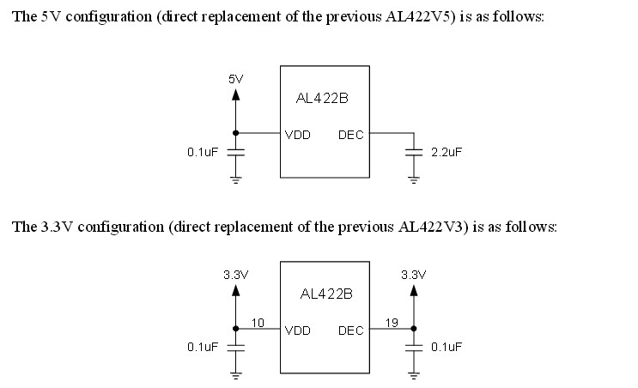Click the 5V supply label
pos(236,79)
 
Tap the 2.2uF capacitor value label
pos(447,152)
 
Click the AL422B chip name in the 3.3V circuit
pos(326,294)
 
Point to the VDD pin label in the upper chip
pos(298,134)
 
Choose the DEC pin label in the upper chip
pos(350,134)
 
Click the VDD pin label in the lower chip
pos(298,330)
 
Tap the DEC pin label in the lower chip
pos(350,330)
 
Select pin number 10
pos(258,323)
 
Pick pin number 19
pos(392,323)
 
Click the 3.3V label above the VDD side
pos(235,275)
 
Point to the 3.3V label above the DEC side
pos(414,275)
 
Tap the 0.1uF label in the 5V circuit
pos(204,152)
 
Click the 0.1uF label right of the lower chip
pos(447,347)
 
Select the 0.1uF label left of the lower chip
pos(204,347)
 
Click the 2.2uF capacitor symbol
pos(414,152)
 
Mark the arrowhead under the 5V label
pos(236,94)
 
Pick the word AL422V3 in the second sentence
pos(433,227)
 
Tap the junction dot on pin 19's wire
pos(414,329)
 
